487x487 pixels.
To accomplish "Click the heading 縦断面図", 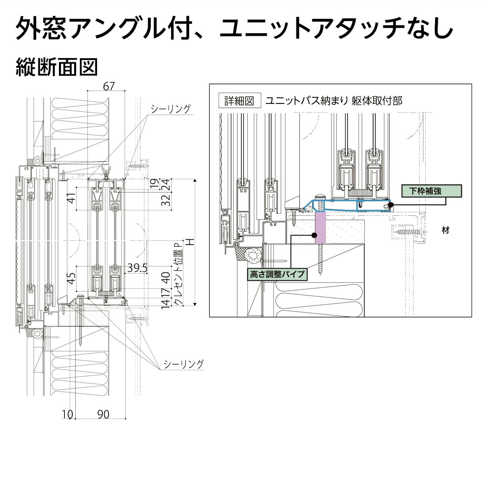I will coord(57,67).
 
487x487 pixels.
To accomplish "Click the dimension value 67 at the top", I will coord(109,86).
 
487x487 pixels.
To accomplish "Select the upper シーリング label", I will coord(170,109).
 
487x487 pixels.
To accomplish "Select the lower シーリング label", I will coord(183,364).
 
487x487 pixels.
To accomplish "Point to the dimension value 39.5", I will coord(137,268).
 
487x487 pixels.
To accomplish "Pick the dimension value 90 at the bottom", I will coord(103,414).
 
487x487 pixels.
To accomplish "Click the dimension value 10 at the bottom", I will coord(67,414).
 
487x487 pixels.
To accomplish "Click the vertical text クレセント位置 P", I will coord(178,274).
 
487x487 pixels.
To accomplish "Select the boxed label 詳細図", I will coord(239,101).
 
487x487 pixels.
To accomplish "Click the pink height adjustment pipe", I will coord(320,228).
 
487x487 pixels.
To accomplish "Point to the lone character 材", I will coord(446,230).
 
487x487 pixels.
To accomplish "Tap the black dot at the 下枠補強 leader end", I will coord(391,205).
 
